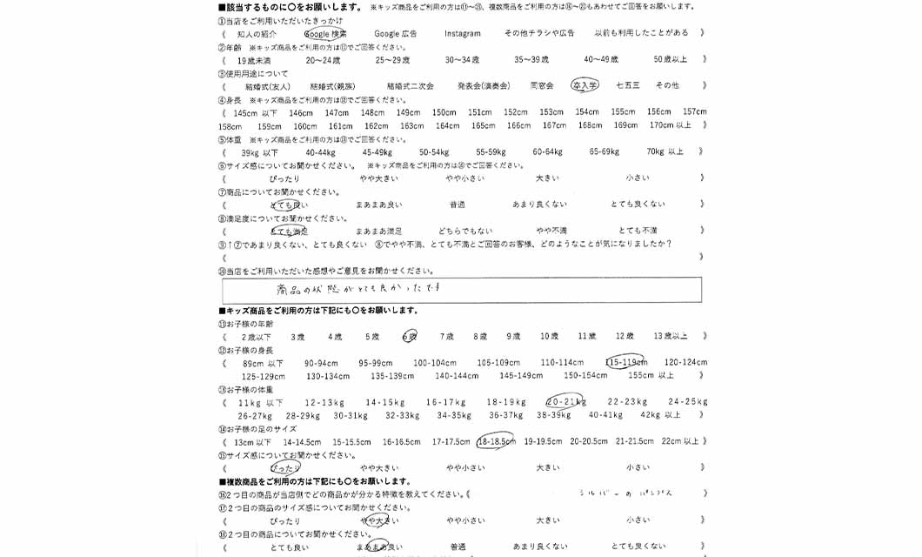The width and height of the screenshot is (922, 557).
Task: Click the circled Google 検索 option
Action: click(x=325, y=33)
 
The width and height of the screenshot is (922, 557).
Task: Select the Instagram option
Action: click(x=462, y=33)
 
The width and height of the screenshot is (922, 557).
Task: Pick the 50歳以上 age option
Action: click(x=670, y=59)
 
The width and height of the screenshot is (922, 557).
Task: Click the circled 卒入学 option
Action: click(x=585, y=85)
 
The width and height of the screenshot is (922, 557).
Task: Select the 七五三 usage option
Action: click(x=627, y=85)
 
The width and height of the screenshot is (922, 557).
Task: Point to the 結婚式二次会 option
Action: click(x=410, y=85)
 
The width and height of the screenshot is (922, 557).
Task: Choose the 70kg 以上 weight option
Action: click(x=665, y=151)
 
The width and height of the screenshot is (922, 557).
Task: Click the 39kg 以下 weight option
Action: click(x=259, y=151)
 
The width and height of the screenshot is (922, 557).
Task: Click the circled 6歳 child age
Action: click(x=410, y=336)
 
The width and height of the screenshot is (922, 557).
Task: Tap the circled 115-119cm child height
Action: click(x=625, y=362)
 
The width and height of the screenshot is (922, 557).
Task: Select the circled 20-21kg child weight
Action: click(x=565, y=402)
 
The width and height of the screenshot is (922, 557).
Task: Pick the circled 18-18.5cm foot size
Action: click(x=497, y=441)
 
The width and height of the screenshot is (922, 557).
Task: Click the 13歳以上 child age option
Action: click(x=670, y=336)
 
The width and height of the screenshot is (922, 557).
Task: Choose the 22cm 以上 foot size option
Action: click(x=679, y=441)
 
